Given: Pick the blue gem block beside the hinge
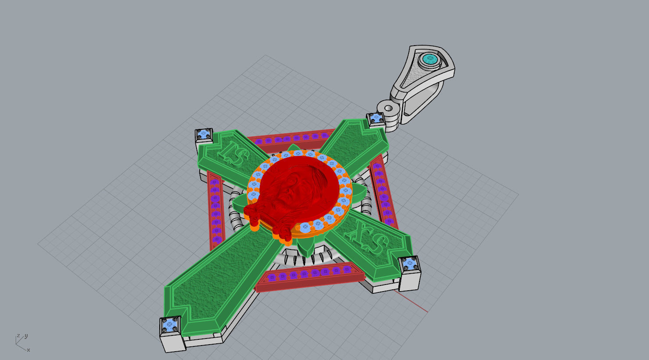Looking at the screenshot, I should (x=376, y=118).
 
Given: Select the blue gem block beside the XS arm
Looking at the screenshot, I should (x=410, y=264).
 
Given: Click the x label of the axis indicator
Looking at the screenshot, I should (x=29, y=350).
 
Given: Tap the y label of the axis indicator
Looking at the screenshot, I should (x=26, y=336).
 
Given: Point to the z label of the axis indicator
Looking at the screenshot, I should (x=18, y=336).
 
